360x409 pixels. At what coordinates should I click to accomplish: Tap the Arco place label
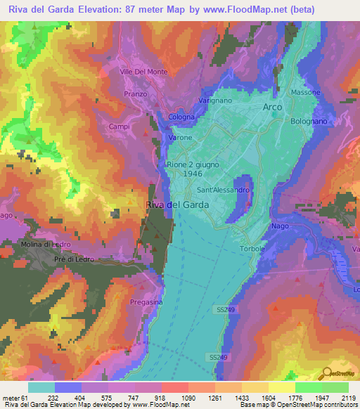(272, 107)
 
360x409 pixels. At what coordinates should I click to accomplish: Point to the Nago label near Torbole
(279, 226)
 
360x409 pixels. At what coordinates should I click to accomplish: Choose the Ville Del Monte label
(143, 72)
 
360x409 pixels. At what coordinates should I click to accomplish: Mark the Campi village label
(120, 126)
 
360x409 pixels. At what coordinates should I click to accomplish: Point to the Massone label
(306, 92)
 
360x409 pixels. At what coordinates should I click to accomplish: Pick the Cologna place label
(181, 117)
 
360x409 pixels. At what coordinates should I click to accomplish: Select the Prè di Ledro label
(74, 259)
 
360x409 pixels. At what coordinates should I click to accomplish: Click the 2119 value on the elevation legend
(347, 398)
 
